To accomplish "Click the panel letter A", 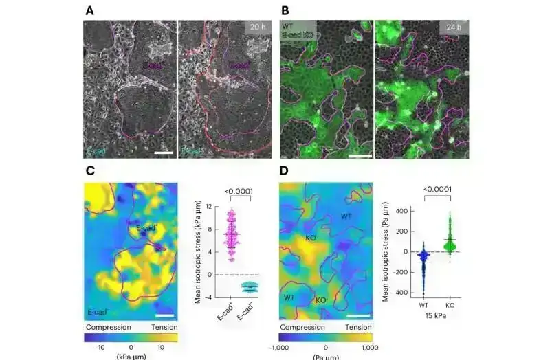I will (89, 12).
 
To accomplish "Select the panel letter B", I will (285, 12).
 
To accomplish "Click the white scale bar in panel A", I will (162, 149).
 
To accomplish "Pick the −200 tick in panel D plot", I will (396, 272).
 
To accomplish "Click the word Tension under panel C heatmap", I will (163, 328).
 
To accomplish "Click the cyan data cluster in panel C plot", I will (252, 286).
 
